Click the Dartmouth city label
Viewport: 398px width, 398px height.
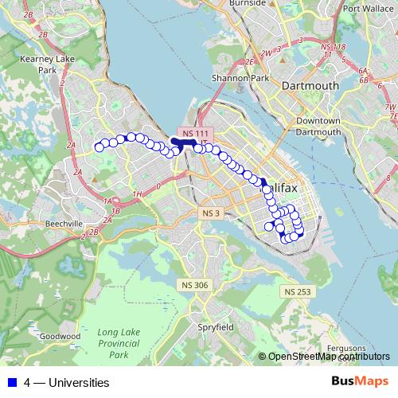tap(310, 85)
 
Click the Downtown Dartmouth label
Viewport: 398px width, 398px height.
tap(318, 127)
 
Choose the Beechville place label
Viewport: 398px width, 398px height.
tap(64, 225)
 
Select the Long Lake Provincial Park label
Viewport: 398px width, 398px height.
tap(119, 343)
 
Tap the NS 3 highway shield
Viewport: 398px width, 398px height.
tap(210, 213)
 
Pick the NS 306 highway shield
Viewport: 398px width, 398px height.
tap(194, 285)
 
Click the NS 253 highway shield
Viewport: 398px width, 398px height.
tap(297, 292)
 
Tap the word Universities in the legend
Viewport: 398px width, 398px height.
tap(78, 382)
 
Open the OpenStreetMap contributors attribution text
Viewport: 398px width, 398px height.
tap(329, 356)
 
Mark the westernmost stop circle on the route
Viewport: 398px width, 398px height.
tap(99, 146)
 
